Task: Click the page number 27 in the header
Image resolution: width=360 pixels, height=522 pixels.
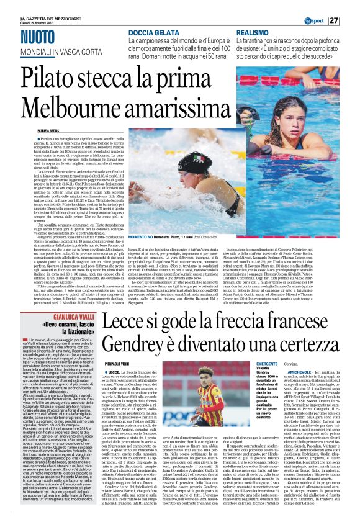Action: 351,20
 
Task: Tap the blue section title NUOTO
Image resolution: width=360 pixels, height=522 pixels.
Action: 42,37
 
